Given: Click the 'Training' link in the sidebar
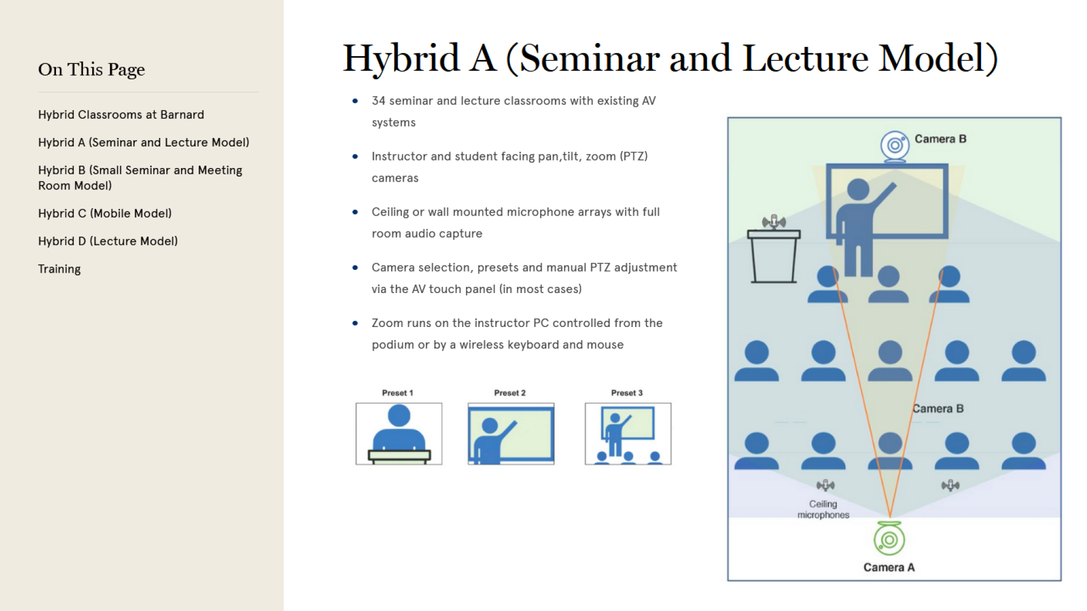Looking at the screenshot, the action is click(59, 269).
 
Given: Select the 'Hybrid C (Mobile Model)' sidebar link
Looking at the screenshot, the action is click(105, 213).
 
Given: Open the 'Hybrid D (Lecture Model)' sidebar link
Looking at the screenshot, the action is click(108, 241).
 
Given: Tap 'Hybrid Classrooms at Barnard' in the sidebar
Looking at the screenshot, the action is click(121, 114).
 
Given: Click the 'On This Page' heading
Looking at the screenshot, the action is click(92, 70).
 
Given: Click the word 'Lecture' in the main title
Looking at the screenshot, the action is click(805, 58).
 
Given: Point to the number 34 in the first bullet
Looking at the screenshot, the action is click(378, 101).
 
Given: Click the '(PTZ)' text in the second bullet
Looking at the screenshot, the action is click(634, 156).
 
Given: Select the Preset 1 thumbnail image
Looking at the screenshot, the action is click(399, 434).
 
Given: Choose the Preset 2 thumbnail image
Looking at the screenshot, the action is click(511, 434).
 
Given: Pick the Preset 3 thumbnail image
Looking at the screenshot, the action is click(628, 434).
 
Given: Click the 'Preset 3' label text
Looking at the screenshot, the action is click(627, 393).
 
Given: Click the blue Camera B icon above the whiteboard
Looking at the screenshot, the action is click(895, 147).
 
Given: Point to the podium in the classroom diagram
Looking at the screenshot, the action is click(774, 256).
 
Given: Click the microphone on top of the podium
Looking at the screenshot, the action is click(774, 222).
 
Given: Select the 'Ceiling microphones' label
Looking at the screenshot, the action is click(823, 509).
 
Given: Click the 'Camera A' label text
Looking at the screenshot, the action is click(889, 567).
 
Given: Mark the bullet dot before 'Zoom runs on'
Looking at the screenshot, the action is click(355, 323).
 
